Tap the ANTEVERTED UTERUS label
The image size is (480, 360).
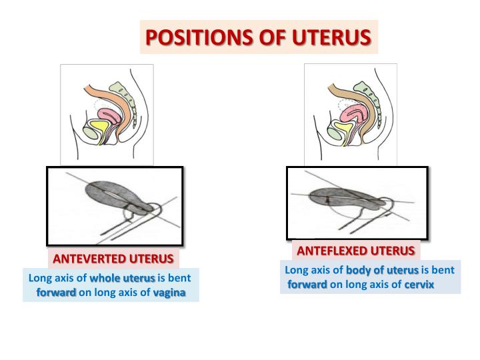(x=113, y=258)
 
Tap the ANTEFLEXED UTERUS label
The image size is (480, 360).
(x=355, y=251)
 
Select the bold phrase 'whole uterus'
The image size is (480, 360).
(x=122, y=279)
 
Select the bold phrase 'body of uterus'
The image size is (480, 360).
(x=382, y=271)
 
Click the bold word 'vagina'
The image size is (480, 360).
(x=169, y=293)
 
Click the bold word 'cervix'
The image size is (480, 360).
(x=418, y=285)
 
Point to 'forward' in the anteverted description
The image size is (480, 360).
(x=56, y=293)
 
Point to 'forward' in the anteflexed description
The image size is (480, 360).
(x=307, y=285)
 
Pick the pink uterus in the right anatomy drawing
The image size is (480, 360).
(x=353, y=115)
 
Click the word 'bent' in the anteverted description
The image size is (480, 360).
(x=179, y=279)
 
